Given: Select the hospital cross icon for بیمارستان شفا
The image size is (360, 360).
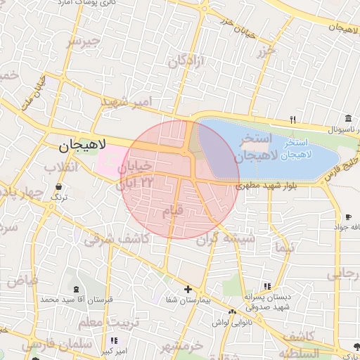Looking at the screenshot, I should coord(187,289).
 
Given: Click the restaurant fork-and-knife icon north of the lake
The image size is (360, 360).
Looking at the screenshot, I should coord(293,120).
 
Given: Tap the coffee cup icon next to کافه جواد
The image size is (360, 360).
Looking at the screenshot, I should coord(347,217).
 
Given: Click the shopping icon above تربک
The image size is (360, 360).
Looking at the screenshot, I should coord(58,187).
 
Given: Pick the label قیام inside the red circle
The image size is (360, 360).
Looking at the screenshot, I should coord(172,210).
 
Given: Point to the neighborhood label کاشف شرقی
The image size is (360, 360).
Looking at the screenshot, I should coord(116,240).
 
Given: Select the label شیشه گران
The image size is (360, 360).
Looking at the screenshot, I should coord(224,239).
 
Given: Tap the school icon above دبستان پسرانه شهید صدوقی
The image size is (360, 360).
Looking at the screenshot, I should coord(266,286).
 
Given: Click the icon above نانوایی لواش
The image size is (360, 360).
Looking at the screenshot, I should coord(232,311).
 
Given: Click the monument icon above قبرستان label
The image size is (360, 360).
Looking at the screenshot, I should coord(75,290).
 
